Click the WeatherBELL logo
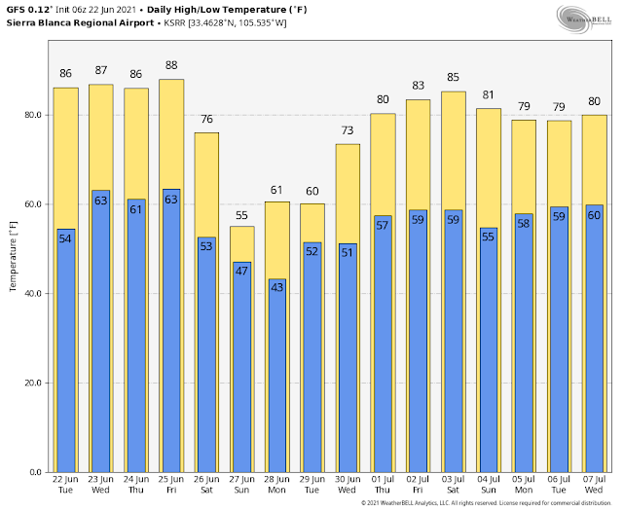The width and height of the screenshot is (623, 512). click(x=584, y=19)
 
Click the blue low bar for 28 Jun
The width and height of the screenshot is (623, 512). click(x=276, y=376)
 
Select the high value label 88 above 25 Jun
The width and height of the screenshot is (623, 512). click(x=171, y=65)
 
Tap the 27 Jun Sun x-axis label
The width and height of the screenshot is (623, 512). click(x=241, y=485)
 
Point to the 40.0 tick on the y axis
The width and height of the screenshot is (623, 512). click(x=33, y=294)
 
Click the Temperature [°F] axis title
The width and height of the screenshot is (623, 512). click(x=13, y=256)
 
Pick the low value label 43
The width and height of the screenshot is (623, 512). click(x=276, y=287)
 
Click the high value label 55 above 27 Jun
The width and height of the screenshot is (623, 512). click(x=241, y=215)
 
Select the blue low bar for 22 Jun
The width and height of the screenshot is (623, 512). click(x=66, y=350)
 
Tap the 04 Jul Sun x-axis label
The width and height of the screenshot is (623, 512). click(x=489, y=485)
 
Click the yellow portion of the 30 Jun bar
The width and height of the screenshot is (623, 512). click(x=348, y=194)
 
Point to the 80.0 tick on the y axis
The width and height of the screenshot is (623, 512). click(x=33, y=115)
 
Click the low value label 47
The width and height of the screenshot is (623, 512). click(x=241, y=271)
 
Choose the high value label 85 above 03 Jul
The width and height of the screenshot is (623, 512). click(x=453, y=77)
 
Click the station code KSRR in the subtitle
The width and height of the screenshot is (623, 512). click(x=174, y=23)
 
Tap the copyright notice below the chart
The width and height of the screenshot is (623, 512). click(x=487, y=503)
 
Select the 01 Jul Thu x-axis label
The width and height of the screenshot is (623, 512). click(x=383, y=485)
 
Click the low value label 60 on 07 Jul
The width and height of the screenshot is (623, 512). click(x=594, y=215)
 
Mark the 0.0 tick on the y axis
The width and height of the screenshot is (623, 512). click(x=35, y=472)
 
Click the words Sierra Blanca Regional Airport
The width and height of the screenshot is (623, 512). click(x=80, y=23)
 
